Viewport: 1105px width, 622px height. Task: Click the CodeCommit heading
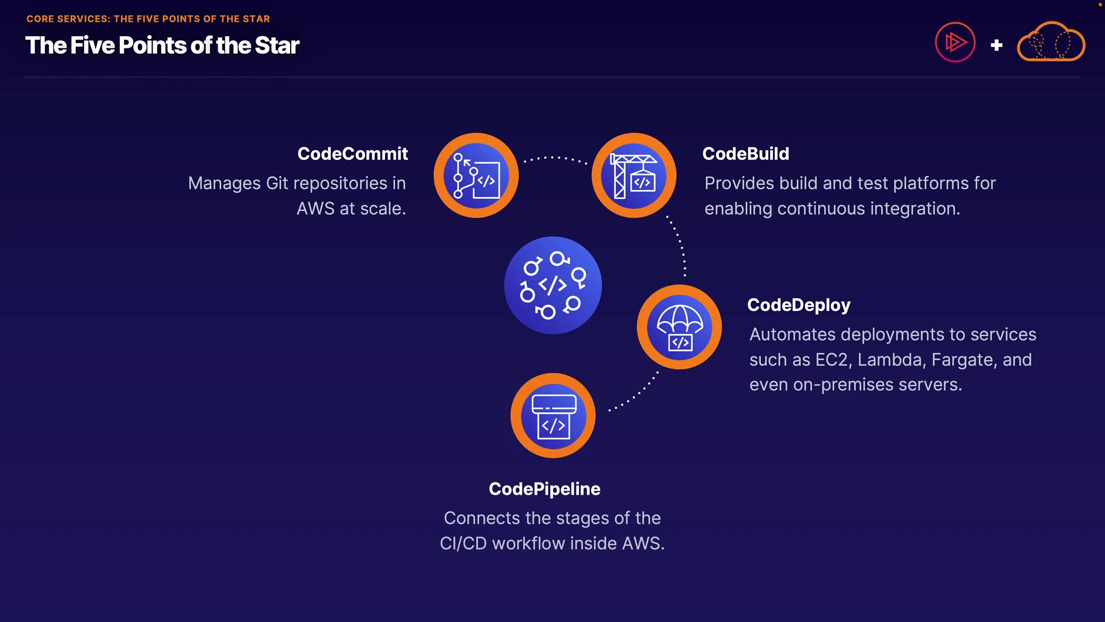point(352,154)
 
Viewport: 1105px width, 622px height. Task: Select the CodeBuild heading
point(746,154)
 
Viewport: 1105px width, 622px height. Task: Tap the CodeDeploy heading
point(799,305)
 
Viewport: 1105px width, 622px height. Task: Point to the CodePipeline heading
point(544,489)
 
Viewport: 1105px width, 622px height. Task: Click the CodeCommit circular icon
point(476,176)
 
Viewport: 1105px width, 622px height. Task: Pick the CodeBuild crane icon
point(634,176)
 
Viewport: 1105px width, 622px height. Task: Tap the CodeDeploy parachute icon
point(679,327)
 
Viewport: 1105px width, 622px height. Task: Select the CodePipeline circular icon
point(553,416)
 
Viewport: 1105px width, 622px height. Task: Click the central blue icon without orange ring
point(553,285)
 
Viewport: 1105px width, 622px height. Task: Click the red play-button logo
point(955,42)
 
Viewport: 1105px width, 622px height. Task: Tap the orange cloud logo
point(1051,41)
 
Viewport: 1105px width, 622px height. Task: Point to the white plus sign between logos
point(997,45)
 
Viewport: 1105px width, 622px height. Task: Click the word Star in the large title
point(277,45)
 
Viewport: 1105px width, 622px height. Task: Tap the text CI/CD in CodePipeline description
point(463,544)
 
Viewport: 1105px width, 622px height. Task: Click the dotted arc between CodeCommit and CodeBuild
point(555,157)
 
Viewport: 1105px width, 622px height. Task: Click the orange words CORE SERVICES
point(68,19)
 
